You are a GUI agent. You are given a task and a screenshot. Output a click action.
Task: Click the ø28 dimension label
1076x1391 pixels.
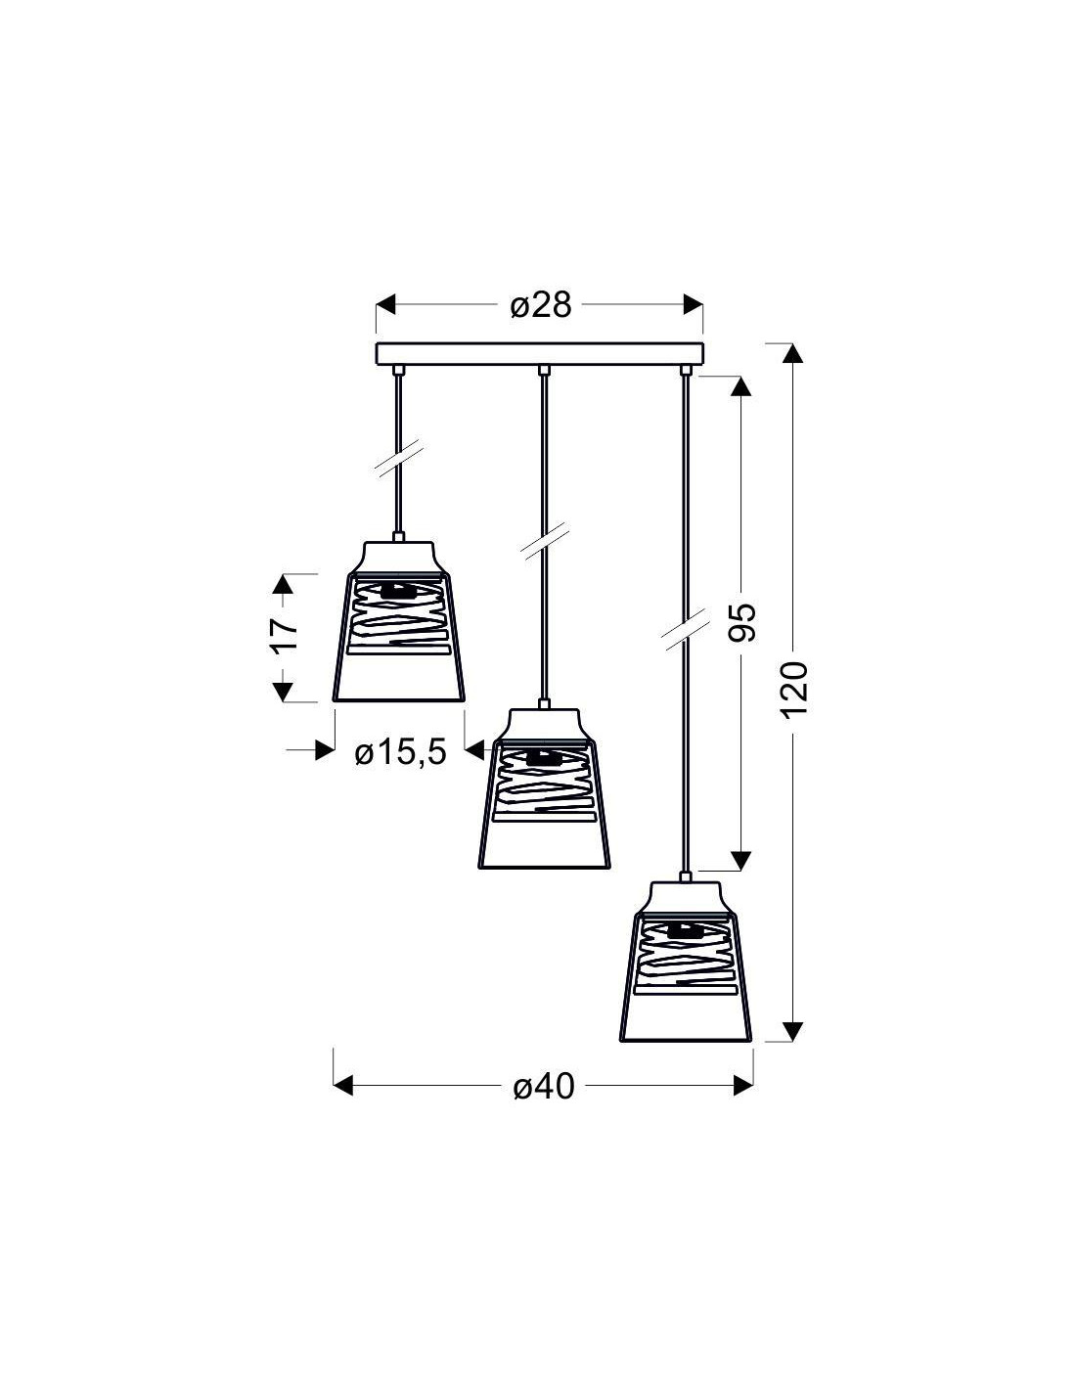540,305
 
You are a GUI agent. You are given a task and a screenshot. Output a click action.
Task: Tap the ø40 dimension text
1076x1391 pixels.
544,1086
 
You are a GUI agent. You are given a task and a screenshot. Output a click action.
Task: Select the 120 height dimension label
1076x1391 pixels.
795,690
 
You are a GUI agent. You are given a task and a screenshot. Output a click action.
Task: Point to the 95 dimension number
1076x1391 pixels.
742,621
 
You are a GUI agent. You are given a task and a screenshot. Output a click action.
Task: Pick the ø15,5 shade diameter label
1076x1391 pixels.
400,753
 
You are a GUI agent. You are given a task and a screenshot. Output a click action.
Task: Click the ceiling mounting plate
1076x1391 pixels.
540,354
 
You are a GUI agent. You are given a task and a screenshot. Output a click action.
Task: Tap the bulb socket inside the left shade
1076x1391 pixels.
398,591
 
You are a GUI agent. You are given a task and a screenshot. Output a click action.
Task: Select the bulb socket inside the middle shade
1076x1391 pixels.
544,757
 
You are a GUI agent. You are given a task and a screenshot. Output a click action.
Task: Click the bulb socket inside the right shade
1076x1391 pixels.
685,930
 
